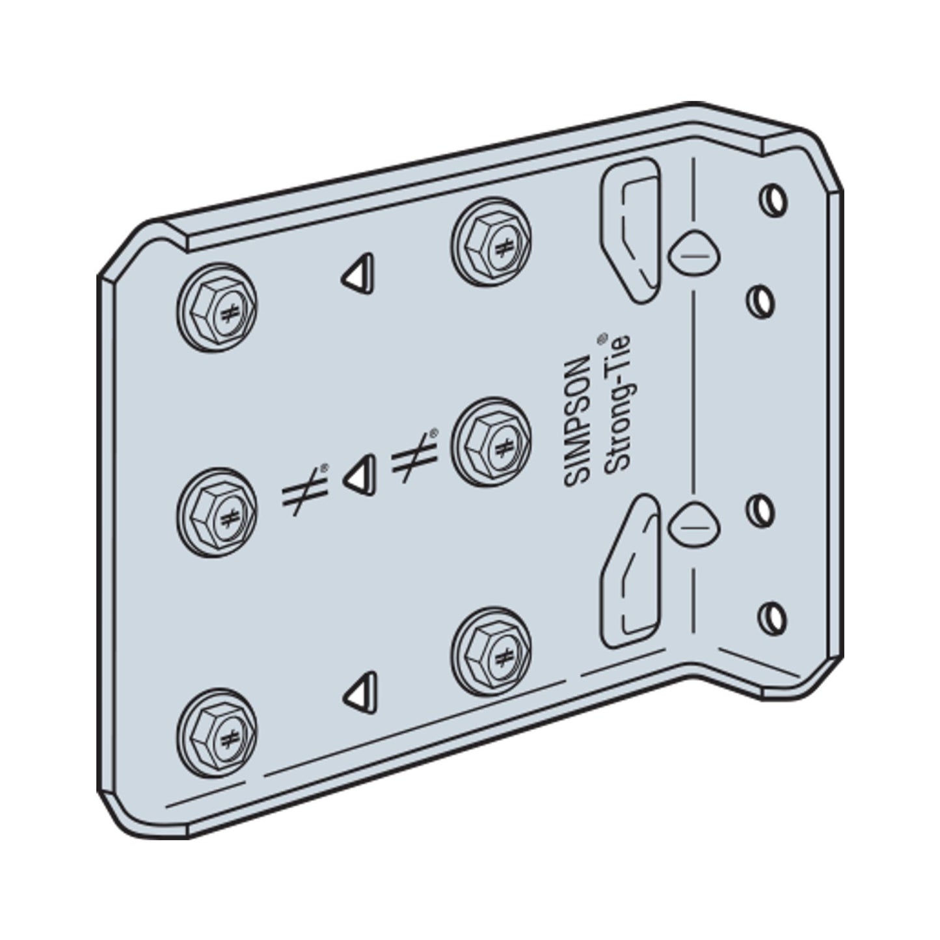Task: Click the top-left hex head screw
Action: tap(217, 308)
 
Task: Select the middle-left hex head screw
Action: tap(217, 513)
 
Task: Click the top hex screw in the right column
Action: tap(490, 242)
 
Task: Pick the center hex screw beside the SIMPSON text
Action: tap(490, 442)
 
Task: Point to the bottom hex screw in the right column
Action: tap(490, 652)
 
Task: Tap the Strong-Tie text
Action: tap(617, 403)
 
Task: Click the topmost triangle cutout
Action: tap(358, 274)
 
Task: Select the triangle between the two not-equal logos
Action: tap(360, 476)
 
